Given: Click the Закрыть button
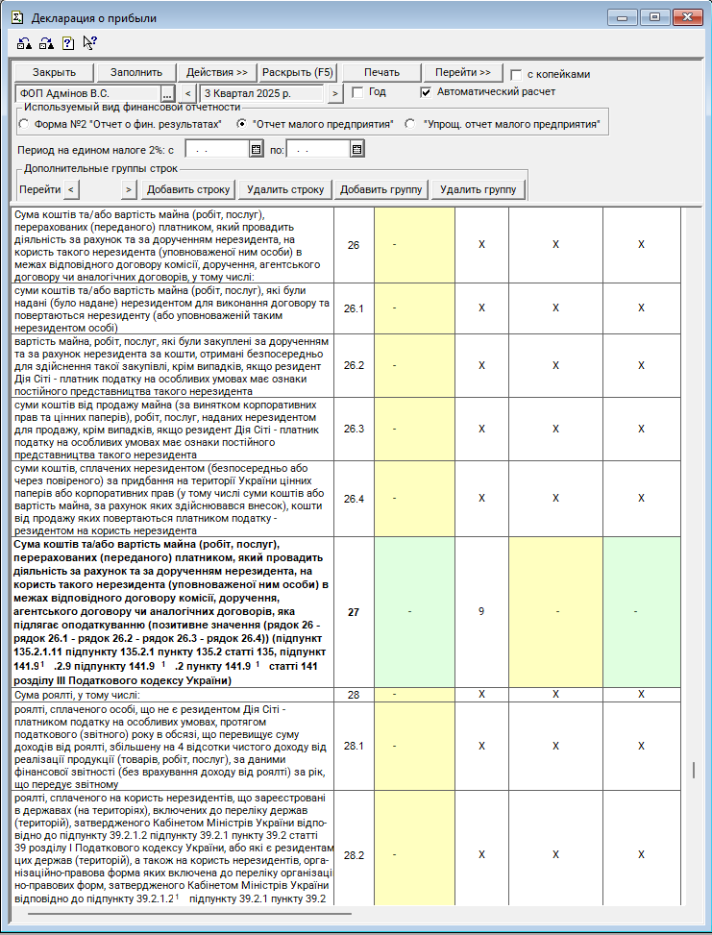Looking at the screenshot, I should click(53, 73).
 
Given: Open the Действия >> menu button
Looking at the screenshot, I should click(216, 73).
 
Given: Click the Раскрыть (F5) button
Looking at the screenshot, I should click(298, 73).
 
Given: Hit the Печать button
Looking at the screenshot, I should click(381, 73).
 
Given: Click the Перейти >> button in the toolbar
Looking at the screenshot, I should click(462, 73).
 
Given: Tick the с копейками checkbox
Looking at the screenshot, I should click(517, 75).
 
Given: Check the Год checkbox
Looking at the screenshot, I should click(357, 93).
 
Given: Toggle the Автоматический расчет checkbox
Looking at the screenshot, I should click(427, 93).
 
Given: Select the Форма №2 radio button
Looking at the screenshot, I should click(24, 125).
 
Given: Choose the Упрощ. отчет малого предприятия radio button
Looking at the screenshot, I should click(410, 125).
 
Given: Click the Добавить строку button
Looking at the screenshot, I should click(188, 189).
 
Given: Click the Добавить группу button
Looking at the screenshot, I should click(381, 189).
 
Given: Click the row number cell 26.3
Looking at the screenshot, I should click(354, 429).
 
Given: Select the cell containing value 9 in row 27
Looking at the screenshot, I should click(481, 611).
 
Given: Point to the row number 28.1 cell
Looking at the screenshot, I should click(354, 745).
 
